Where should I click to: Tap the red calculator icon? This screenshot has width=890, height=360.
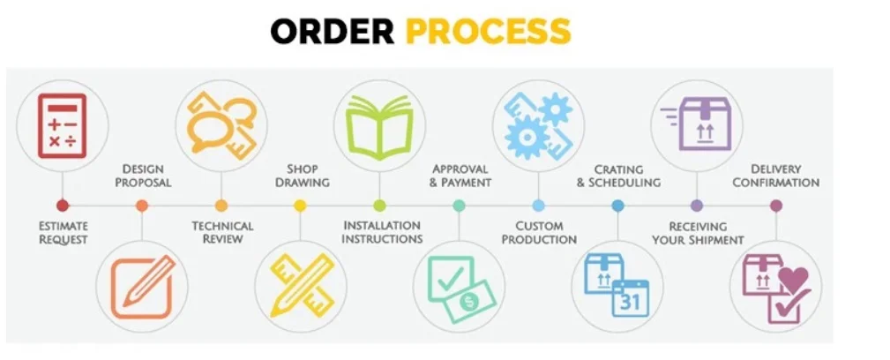pyautogui.click(x=62, y=125)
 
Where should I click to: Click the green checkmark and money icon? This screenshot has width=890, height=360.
pyautogui.click(x=459, y=287)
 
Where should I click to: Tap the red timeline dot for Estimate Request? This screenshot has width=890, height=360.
pyautogui.click(x=62, y=206)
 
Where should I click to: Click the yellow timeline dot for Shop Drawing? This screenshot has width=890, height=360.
pyautogui.click(x=300, y=206)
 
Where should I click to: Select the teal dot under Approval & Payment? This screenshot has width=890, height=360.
pyautogui.click(x=459, y=206)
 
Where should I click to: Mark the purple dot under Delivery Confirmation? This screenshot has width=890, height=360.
pyautogui.click(x=776, y=206)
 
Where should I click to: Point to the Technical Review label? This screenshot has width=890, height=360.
pyautogui.click(x=222, y=232)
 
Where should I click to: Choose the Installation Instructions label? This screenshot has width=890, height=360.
pyautogui.click(x=383, y=232)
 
